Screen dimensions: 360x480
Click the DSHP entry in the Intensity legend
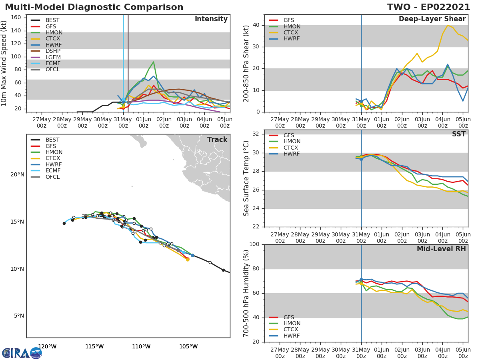pos(53,51)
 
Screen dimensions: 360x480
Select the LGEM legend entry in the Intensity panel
pos(53,57)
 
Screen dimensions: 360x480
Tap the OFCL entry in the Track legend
pos(52,177)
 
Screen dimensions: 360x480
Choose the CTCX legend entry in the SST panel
pos(292,148)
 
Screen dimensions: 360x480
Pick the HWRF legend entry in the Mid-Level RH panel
pos(292,336)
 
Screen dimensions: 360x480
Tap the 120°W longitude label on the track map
pos(47,346)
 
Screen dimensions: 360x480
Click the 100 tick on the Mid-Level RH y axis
pos(254,244)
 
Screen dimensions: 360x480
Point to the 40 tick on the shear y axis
pos(256,25)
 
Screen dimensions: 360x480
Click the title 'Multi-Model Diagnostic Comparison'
pos(94,7)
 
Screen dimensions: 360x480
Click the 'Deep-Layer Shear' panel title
pos(432,19)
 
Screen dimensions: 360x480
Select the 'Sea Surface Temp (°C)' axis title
pos(246,178)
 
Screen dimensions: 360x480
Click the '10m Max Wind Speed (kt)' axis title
pos(4,64)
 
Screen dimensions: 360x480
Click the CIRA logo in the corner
pos(22,353)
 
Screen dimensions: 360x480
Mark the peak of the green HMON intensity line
pos(154,62)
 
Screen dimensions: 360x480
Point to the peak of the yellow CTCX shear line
pos(448,25)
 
